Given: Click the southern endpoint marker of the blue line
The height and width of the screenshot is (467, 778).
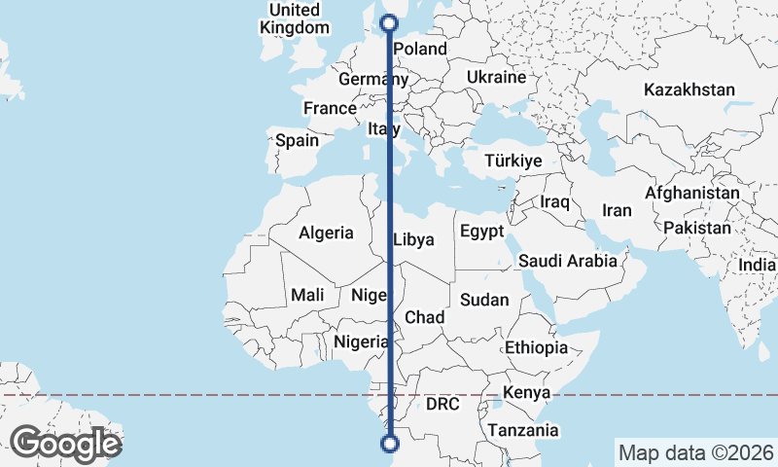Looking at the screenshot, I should [x=390, y=445].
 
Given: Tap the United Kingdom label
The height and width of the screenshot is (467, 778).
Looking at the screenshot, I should [x=295, y=18].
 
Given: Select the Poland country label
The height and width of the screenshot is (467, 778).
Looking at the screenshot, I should [x=420, y=49].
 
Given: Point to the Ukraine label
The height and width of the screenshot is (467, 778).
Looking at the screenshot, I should [x=496, y=77].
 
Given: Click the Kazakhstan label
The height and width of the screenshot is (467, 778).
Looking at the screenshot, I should [x=689, y=90].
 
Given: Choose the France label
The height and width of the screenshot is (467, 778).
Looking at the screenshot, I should [x=330, y=108].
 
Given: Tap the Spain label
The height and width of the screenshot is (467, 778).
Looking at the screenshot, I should [x=297, y=140].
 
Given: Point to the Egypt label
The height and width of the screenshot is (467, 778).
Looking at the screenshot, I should [x=481, y=232].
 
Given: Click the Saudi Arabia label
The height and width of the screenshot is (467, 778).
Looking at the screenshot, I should [x=567, y=261].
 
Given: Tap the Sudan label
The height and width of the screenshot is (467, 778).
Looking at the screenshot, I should [x=483, y=300].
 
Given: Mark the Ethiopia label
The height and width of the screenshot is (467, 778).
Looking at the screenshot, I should [x=535, y=347].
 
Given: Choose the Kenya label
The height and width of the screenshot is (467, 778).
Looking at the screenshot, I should [x=527, y=393].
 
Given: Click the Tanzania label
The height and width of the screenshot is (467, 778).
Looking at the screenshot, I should [x=523, y=430].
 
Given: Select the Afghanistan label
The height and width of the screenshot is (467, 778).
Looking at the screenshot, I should [x=691, y=193].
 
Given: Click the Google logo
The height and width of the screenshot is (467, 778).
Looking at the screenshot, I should [x=66, y=444].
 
